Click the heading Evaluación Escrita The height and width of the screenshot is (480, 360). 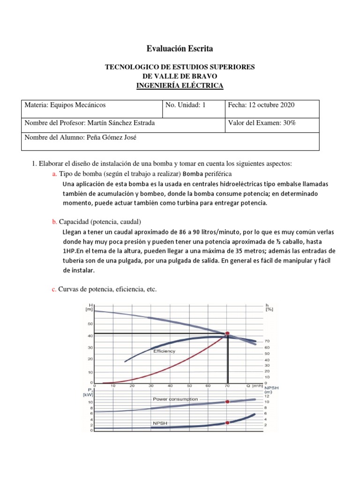pyautogui.click(x=180, y=48)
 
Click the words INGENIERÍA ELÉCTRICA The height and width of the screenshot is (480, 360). pyautogui.click(x=180, y=85)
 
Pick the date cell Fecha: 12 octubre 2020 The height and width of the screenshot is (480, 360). pyautogui.click(x=261, y=105)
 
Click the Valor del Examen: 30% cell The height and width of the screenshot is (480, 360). pyautogui.click(x=262, y=123)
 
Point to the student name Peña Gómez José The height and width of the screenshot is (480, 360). pyautogui.click(x=111, y=137)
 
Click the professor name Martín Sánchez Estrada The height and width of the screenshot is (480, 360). pyautogui.click(x=120, y=123)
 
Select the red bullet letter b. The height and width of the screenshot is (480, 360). pyautogui.click(x=54, y=221)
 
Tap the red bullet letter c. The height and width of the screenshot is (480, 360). pyautogui.click(x=54, y=290)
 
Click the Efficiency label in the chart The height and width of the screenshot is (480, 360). pyautogui.click(x=164, y=351)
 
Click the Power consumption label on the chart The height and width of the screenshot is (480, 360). pyautogui.click(x=175, y=399)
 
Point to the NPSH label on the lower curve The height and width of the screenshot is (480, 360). pyautogui.click(x=159, y=423)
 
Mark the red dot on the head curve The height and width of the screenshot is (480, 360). pyautogui.click(x=228, y=333)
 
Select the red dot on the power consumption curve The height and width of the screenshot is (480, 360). pyautogui.click(x=228, y=402)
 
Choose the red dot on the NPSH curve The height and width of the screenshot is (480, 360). pyautogui.click(x=228, y=422)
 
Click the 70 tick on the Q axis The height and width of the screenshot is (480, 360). pyautogui.click(x=228, y=386)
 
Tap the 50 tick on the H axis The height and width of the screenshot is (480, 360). pyautogui.click(x=90, y=324)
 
